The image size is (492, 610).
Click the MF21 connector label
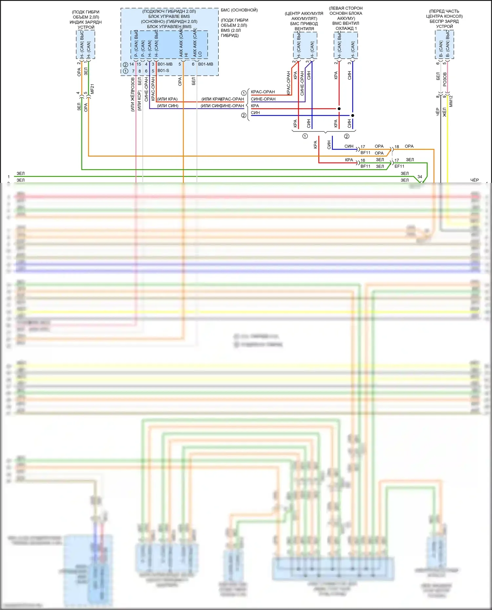coord(92,89)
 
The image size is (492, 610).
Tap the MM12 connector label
coord(451,101)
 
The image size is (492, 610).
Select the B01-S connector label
coord(163,71)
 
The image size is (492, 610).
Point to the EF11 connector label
coord(399,167)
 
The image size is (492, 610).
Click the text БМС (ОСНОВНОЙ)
coord(239,10)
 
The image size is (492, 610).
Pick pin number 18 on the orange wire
coord(397,147)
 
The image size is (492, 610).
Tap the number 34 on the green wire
coord(420,177)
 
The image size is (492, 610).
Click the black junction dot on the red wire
coord(339,108)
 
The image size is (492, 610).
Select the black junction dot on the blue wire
coord(353,115)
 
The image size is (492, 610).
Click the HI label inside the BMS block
coord(186,55)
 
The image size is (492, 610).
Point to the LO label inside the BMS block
coord(200,54)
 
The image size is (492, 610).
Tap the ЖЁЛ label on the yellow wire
coord(444,112)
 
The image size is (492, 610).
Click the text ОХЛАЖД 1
coord(346,29)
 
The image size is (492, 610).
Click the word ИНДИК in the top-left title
coord(77,22)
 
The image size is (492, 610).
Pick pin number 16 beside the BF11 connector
coord(363,160)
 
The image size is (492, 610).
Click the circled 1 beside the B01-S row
coord(125,71)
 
